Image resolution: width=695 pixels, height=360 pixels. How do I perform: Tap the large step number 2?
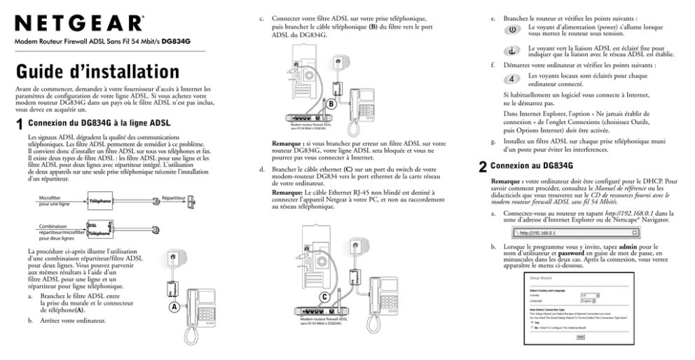(483, 167)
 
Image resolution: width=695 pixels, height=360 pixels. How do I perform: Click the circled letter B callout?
(328, 104)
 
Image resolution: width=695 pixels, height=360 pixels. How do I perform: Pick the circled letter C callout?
(324, 297)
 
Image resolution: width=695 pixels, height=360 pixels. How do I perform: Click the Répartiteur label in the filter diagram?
(173, 198)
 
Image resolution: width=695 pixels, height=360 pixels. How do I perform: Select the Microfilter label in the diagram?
(51, 199)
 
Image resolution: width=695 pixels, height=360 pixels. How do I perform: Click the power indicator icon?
(512, 31)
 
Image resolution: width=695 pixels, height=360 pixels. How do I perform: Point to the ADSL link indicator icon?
(512, 50)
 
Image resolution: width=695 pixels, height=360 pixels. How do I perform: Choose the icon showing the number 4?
(512, 78)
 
